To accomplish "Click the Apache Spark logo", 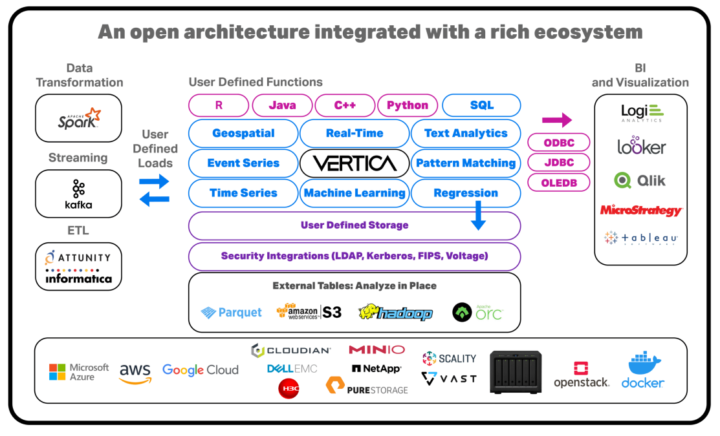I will pos(79,118).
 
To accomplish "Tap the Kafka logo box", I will pos(79,194).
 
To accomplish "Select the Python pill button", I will pos(408,105).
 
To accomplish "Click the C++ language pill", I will pos(345,105).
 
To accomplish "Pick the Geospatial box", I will pos(243,134).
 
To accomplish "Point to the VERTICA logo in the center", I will pos(355,163).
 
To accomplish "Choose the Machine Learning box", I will pos(355,193).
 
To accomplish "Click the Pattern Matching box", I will pos(466,163).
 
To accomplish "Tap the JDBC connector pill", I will pos(560,163).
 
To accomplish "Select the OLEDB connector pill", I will pos(560,183).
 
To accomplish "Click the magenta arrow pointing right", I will pos(557,119).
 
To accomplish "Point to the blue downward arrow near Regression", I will pos(478,215).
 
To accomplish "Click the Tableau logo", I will pos(640,238).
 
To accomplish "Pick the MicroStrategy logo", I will pos(640,211).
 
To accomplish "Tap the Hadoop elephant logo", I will pos(395,313).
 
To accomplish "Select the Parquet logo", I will pos(231,313).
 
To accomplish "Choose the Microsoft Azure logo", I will pos(80,372).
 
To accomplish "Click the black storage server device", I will pos(516,371).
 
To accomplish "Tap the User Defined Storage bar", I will pos(355,225).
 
